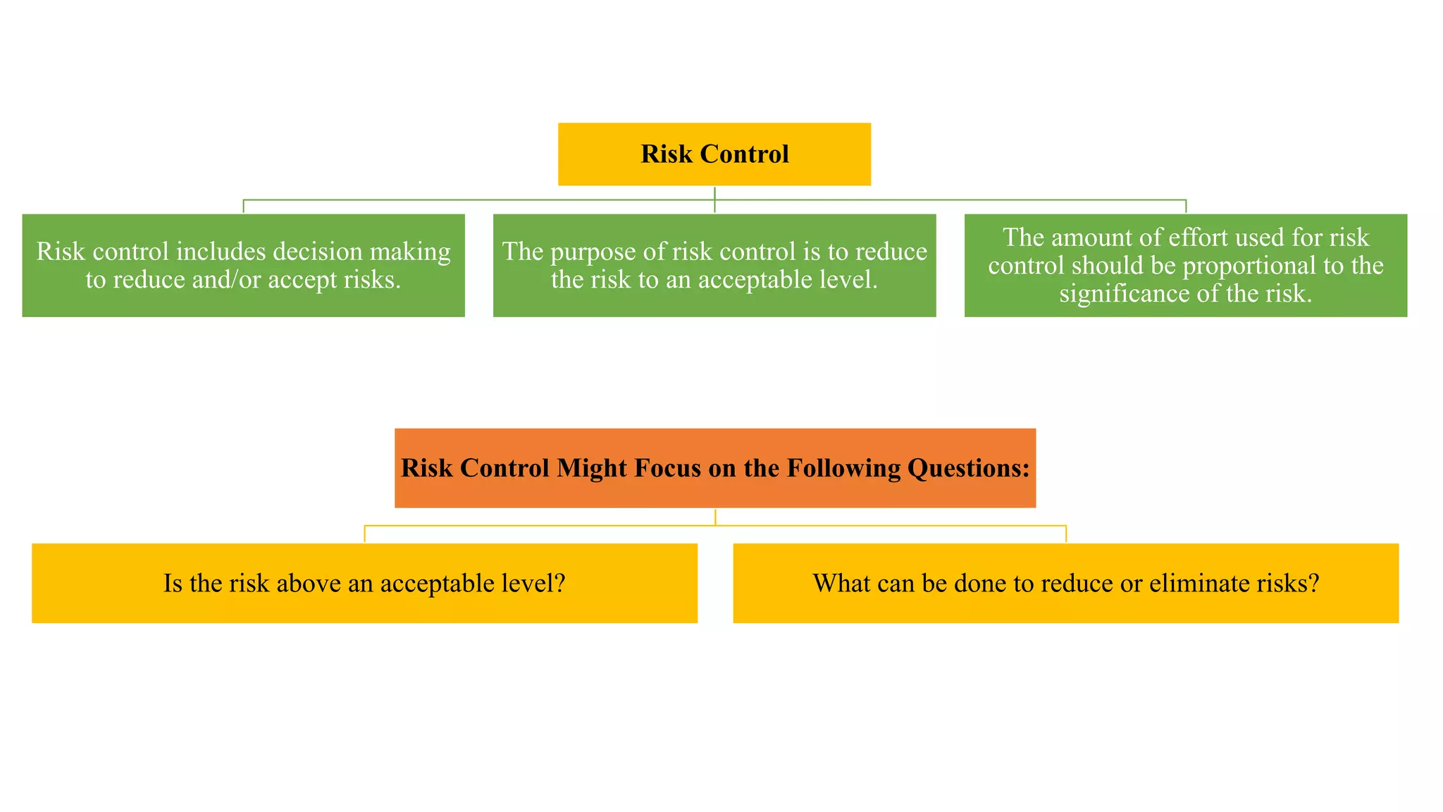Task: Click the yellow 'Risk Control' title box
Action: (714, 154)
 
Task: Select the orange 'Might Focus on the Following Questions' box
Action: (714, 468)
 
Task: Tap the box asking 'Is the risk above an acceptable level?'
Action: (364, 583)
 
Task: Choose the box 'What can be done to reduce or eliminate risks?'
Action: (1065, 583)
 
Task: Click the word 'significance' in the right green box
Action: (1125, 293)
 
